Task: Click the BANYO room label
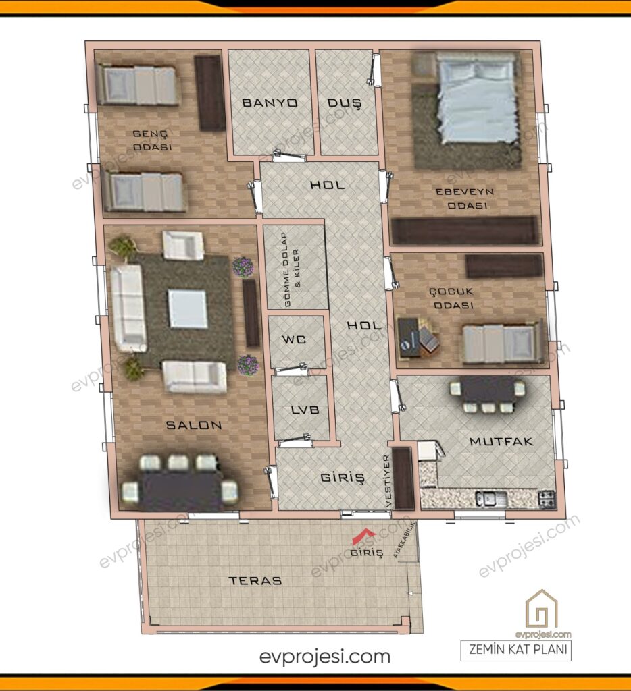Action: pos(270,103)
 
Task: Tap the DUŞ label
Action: pos(344,103)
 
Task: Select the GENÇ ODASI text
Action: pos(152,140)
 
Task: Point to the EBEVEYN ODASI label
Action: pos(465,198)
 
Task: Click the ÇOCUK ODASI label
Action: pos(451,298)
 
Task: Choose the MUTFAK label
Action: pos(501,441)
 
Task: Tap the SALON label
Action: pos(194,425)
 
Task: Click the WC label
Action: pos(294,339)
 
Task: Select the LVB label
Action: pos(305,410)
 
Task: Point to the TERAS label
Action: pos(255,580)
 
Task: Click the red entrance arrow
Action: pos(363,536)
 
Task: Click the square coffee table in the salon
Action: pos(188,308)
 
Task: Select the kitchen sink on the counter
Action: pos(489,499)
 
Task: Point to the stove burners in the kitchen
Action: pos(547,499)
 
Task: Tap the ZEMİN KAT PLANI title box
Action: pos(516,650)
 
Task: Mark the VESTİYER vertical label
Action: pos(387,480)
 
